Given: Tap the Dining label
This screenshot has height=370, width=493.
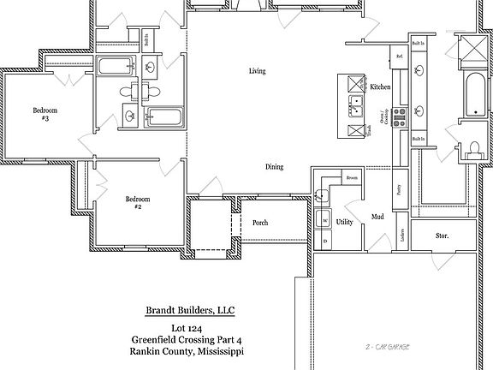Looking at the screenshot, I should [274, 167].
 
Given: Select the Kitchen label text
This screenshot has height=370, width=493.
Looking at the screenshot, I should [380, 87].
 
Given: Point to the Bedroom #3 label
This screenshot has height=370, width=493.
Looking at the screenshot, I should [45, 114].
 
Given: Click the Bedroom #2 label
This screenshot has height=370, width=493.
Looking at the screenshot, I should [139, 203].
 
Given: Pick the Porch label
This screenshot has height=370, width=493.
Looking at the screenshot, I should [260, 223].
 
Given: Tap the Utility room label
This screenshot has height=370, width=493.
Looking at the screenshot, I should [344, 222].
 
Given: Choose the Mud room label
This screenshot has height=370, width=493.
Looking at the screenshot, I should [377, 218].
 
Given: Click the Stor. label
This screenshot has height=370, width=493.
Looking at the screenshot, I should [442, 235].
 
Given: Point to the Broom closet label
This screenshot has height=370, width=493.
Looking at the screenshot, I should [351, 177].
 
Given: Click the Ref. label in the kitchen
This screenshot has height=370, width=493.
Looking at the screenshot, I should [399, 57].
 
